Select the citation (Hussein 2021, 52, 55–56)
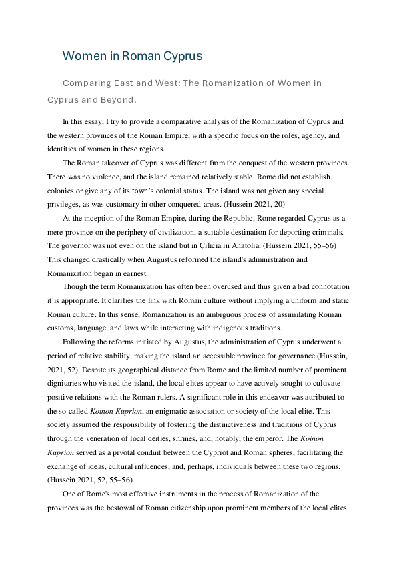[86, 478]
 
